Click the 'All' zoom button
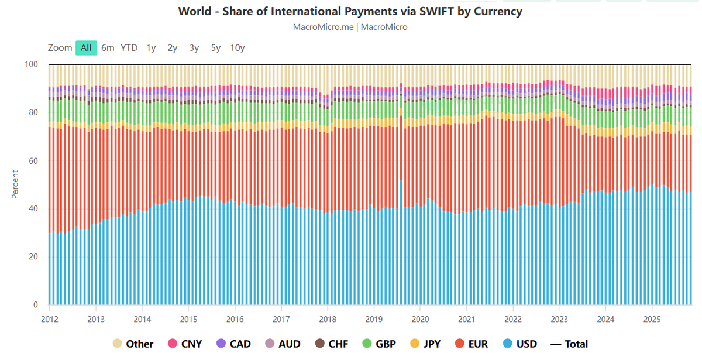click(x=86, y=48)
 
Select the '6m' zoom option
click(x=108, y=48)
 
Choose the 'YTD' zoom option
click(x=129, y=48)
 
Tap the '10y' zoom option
click(x=238, y=48)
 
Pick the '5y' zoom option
click(x=216, y=48)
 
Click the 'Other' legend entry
click(x=133, y=344)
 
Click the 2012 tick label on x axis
click(x=49, y=318)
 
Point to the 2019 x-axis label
click(x=374, y=318)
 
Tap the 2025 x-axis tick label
click(x=652, y=318)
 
